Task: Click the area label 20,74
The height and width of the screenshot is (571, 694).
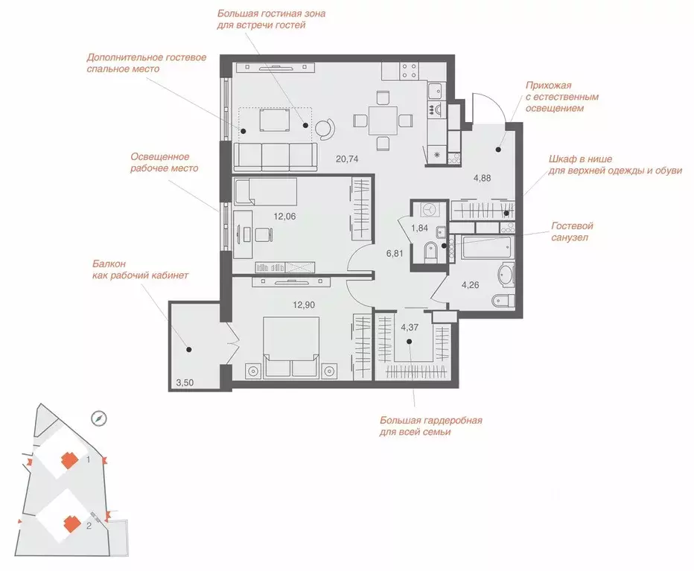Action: pyautogui.click(x=347, y=159)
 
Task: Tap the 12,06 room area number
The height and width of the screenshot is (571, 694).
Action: pyautogui.click(x=284, y=217)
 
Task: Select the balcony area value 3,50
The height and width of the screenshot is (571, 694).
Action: pyautogui.click(x=185, y=383)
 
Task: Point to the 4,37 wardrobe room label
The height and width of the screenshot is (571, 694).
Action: pyautogui.click(x=410, y=328)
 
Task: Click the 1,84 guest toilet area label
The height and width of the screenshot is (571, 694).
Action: pyautogui.click(x=419, y=229)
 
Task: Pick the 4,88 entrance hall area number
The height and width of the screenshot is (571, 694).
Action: pyautogui.click(x=482, y=179)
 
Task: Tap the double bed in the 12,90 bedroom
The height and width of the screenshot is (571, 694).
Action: pyautogui.click(x=291, y=348)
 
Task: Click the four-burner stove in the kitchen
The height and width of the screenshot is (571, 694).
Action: pyautogui.click(x=409, y=71)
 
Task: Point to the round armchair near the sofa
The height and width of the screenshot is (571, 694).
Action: pyautogui.click(x=325, y=128)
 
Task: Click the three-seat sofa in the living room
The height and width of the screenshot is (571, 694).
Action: pyautogui.click(x=276, y=156)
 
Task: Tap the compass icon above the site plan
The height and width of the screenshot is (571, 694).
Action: pyautogui.click(x=99, y=418)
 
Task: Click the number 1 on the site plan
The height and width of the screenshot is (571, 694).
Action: pyautogui.click(x=89, y=460)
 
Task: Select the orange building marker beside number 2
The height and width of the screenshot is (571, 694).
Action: pyautogui.click(x=71, y=525)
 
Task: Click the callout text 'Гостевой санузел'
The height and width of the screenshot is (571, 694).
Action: pyautogui.click(x=572, y=232)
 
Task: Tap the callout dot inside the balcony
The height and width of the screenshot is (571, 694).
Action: pyautogui.click(x=189, y=350)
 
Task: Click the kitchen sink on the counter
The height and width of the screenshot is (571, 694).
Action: pyautogui.click(x=436, y=91)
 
